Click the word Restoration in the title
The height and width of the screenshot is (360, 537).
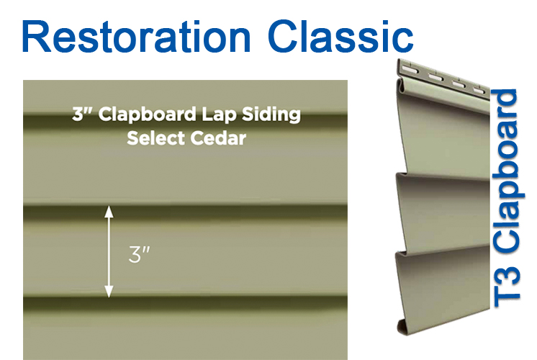click(137, 37)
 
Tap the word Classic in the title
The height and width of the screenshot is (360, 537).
click(340, 37)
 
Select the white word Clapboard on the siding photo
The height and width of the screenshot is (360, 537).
click(148, 114)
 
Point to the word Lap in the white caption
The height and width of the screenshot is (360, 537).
click(219, 114)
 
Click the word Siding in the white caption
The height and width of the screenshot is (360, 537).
click(271, 114)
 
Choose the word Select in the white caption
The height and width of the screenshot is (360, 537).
click(155, 138)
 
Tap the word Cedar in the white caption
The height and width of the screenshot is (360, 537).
click(218, 138)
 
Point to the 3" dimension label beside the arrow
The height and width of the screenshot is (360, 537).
click(139, 254)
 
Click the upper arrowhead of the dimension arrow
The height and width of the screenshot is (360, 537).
click(109, 212)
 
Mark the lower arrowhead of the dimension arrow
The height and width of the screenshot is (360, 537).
click(109, 292)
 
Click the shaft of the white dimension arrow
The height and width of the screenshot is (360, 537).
click(109, 252)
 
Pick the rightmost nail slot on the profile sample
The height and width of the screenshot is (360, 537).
click(480, 91)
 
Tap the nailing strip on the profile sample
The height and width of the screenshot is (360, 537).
click(443, 78)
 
